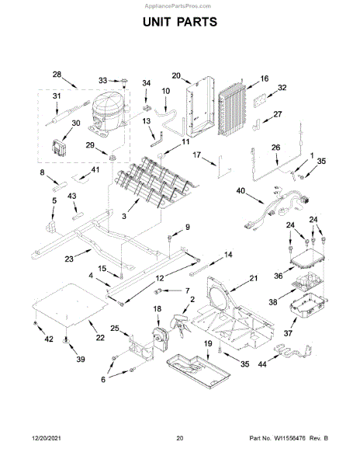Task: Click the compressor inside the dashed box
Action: click(109, 114)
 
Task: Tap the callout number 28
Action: click(57, 75)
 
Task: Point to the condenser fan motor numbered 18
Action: click(161, 336)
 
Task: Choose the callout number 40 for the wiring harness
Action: click(241, 190)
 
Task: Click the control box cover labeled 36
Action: click(308, 261)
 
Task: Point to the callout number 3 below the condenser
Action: click(124, 216)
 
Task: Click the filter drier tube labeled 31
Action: click(67, 113)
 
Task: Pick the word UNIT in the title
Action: click(157, 22)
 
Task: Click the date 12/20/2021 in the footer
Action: click(47, 438)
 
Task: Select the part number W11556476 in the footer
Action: click(289, 438)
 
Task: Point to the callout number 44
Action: click(262, 363)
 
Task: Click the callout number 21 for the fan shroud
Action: click(254, 278)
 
